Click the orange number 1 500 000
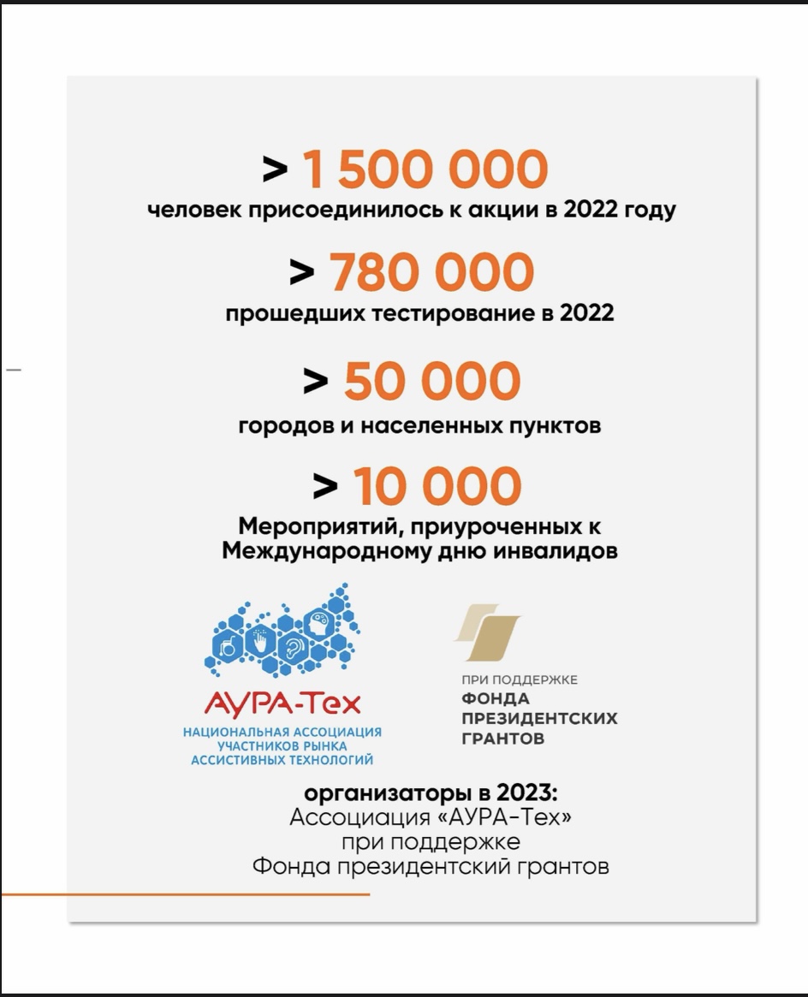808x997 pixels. [425, 169]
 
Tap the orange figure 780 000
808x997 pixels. [431, 272]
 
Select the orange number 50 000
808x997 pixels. [431, 381]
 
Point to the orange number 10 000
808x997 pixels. [437, 486]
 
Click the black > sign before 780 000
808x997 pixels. [302, 272]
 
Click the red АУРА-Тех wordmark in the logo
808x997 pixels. [282, 703]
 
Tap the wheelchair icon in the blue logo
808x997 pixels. [229, 646]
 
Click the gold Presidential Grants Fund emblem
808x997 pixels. [488, 632]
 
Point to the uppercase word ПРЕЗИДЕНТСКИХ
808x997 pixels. [539, 719]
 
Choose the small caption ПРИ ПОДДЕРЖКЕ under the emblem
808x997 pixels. [520, 680]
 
